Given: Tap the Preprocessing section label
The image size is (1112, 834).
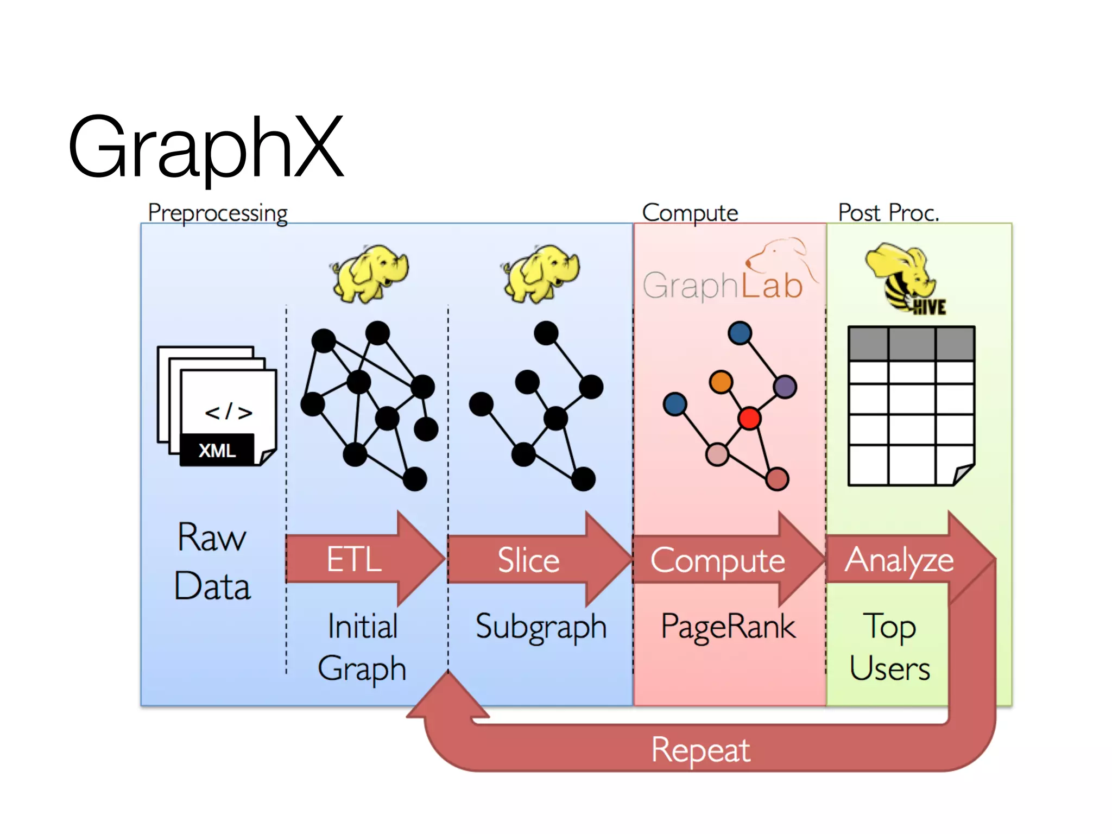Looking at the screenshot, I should [217, 212].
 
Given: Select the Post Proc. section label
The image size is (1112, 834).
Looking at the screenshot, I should [888, 212].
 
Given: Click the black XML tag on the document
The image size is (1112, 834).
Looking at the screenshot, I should [217, 450].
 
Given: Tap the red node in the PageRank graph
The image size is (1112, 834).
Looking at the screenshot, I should [749, 418].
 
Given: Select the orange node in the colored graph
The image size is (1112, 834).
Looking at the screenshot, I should [721, 382].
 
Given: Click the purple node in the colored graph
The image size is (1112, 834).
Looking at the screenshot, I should [785, 387].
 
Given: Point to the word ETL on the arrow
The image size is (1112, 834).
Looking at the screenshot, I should [354, 560].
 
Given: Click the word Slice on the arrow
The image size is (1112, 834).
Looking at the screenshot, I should [528, 560].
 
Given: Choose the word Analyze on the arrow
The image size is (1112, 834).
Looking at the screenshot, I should [899, 560].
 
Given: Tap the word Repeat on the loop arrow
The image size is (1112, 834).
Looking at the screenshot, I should [700, 750].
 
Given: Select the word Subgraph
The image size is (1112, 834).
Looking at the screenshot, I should [541, 627].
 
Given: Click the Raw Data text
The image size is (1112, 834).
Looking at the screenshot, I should [212, 562].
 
